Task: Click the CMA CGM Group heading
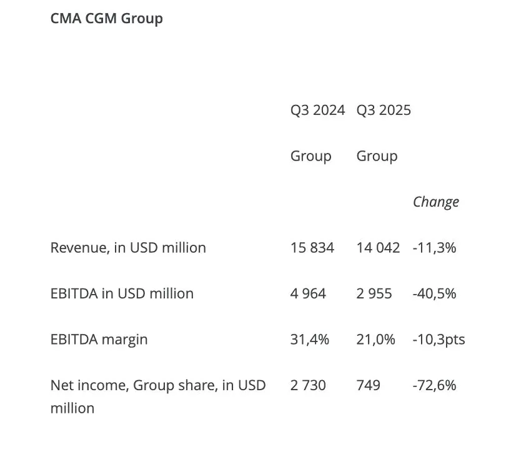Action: click(x=106, y=19)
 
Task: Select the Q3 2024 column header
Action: click(x=317, y=111)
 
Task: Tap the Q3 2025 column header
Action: click(x=384, y=111)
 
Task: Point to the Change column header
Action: click(x=436, y=202)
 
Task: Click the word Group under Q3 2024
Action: click(x=310, y=156)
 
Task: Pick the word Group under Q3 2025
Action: click(x=377, y=156)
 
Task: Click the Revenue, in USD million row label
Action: click(x=128, y=248)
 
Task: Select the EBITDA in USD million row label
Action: click(x=122, y=293)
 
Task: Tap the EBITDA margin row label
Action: click(x=99, y=340)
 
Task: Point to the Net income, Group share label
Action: click(x=158, y=386)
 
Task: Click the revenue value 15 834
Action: click(x=312, y=248)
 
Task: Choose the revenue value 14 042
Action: click(x=378, y=248)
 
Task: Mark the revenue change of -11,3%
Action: click(x=434, y=248)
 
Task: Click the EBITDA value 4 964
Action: click(x=308, y=293)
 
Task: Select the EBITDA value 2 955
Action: click(x=374, y=293)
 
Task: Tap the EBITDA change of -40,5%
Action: click(x=434, y=293)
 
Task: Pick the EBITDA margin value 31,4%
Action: click(x=309, y=340)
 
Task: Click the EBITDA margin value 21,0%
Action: click(x=375, y=340)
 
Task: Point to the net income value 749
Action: click(x=369, y=386)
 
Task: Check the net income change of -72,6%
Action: click(x=434, y=386)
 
